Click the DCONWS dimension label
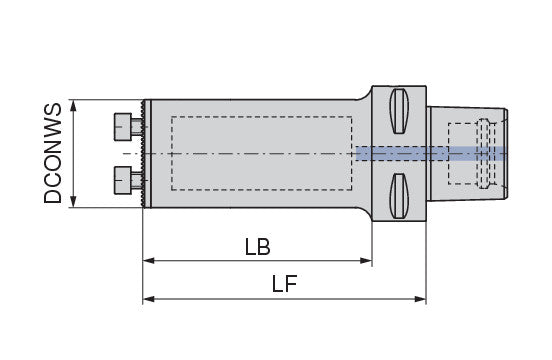click(x=53, y=153)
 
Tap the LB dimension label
click(x=258, y=247)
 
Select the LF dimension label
click(x=284, y=284)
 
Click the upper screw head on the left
click(x=123, y=127)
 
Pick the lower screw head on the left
click(x=123, y=180)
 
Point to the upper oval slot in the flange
click(x=399, y=111)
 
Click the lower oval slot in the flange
click(x=399, y=196)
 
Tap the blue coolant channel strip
click(x=431, y=153)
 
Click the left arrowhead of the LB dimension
click(x=148, y=261)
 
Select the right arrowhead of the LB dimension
click(x=366, y=261)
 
